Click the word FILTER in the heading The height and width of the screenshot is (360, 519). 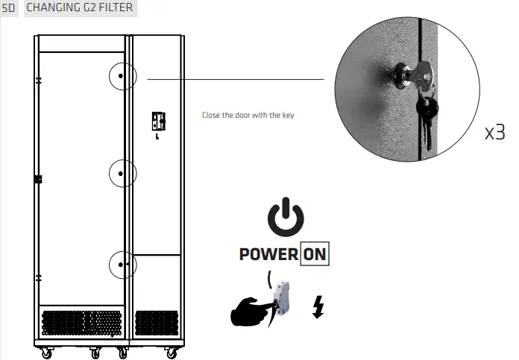pos(116,8)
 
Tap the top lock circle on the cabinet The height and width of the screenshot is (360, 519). pos(122,77)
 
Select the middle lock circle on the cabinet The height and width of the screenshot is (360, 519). pos(122,173)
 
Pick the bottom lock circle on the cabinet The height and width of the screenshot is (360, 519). pos(122,264)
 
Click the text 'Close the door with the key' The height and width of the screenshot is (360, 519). pos(249,116)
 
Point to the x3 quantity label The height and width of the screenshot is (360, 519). pos(494,133)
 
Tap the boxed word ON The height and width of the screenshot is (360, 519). pos(314,254)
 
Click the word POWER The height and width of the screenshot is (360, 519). pos(268,254)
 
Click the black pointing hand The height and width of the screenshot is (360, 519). pos(251,311)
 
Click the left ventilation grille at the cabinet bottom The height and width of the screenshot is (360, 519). pos(82,322)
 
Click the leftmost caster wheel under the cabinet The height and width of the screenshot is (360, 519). pos(46,353)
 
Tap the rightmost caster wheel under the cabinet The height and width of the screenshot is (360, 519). pos(173,353)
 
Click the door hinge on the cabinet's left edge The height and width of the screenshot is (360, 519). pos(38,179)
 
